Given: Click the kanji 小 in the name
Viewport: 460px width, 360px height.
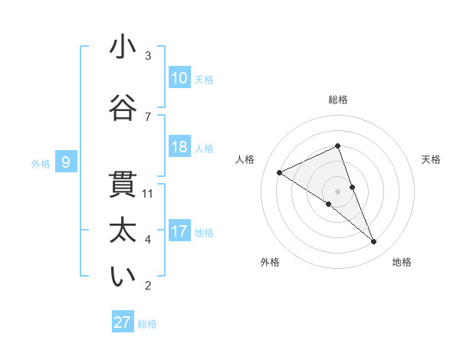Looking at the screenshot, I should [123, 47].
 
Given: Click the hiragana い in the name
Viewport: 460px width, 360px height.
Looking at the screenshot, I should [123, 278].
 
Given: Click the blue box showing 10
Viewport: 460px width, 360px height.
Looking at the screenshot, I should [179, 78].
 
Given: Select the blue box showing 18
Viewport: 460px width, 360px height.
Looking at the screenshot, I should [179, 147].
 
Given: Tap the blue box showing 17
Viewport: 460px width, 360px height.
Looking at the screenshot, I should [179, 231].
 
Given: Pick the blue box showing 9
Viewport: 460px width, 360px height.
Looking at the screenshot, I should [66, 162].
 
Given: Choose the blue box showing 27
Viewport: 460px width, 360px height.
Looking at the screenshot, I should [123, 322].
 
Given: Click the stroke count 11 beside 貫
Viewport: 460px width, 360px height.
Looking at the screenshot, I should [148, 193].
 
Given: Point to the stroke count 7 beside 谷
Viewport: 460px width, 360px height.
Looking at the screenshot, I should [148, 116].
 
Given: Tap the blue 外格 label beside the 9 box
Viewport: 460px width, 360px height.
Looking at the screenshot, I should [40, 162].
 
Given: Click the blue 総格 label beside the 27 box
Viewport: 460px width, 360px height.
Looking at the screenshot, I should [147, 323].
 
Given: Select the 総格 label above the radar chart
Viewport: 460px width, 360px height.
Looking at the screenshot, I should [337, 100].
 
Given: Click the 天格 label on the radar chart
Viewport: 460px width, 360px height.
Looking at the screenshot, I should [431, 159].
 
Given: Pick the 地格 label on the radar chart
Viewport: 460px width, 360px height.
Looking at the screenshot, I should [402, 262].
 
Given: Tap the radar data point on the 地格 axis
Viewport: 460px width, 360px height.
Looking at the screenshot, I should [374, 242].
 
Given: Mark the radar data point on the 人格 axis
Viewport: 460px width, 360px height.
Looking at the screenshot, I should [279, 172].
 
